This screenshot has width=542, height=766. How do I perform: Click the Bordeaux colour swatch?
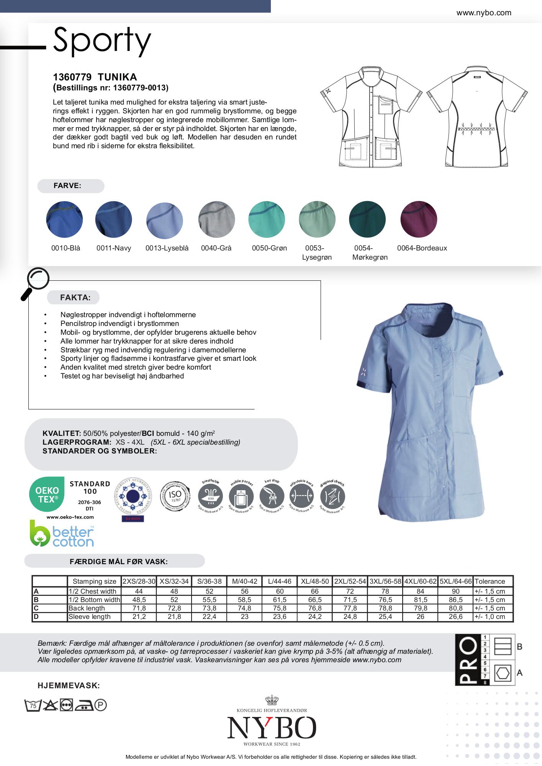coord(419,219)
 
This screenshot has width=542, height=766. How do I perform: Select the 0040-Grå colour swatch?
coord(216,219)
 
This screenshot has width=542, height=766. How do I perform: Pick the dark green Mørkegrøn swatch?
coord(367,219)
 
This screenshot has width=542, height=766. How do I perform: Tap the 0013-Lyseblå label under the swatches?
coord(167,248)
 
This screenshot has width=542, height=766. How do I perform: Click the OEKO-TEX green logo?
coord(47,494)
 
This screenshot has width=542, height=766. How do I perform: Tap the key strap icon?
coord(272,496)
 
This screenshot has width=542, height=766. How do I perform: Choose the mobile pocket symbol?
coord(241,496)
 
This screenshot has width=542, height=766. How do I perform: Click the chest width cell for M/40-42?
coord(244,591)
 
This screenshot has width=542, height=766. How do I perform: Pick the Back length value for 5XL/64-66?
coord(455,608)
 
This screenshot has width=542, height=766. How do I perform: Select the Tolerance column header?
coord(490,581)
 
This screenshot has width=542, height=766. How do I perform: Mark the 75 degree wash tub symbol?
coord(33,705)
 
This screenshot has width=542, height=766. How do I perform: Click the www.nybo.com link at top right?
coord(483,13)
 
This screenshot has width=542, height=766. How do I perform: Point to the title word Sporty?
coord(102,40)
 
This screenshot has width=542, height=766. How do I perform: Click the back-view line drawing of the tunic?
coord(477,117)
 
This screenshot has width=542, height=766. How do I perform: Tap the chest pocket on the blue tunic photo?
coord(463,373)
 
